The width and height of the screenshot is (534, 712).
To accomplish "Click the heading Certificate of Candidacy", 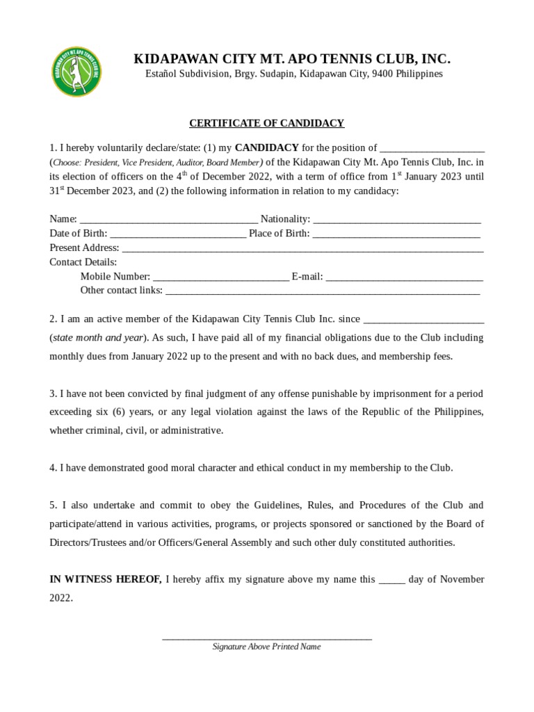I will [267, 123].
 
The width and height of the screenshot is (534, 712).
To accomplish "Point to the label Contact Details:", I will [83, 262].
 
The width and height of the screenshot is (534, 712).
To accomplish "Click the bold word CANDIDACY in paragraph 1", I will [267, 147].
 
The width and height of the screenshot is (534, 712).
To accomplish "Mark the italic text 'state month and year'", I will [97, 338].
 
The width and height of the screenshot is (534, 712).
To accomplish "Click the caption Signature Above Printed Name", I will [267, 647].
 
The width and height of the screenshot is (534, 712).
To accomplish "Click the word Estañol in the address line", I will [161, 74].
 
